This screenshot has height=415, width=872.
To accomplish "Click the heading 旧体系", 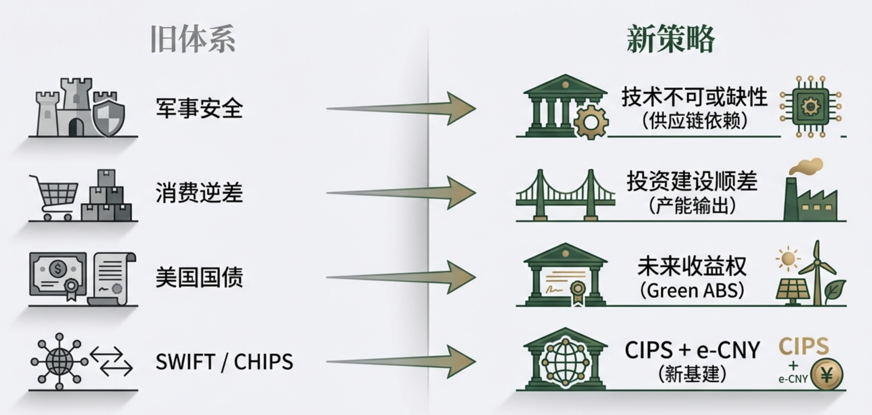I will (x=193, y=39).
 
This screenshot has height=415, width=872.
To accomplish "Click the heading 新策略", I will (x=670, y=39).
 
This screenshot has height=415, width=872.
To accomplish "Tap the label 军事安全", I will (x=199, y=108).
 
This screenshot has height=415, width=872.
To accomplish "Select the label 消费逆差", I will (x=199, y=193).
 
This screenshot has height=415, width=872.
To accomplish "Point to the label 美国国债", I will (x=199, y=277).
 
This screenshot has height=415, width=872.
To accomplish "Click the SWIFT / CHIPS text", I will (x=224, y=362).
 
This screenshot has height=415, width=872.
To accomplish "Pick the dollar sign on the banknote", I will (x=58, y=268).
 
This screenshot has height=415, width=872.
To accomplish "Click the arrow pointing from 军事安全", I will (x=401, y=108).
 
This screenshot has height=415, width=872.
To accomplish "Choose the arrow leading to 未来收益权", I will (x=401, y=277).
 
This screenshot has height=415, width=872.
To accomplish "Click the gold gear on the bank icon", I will (x=591, y=122).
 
